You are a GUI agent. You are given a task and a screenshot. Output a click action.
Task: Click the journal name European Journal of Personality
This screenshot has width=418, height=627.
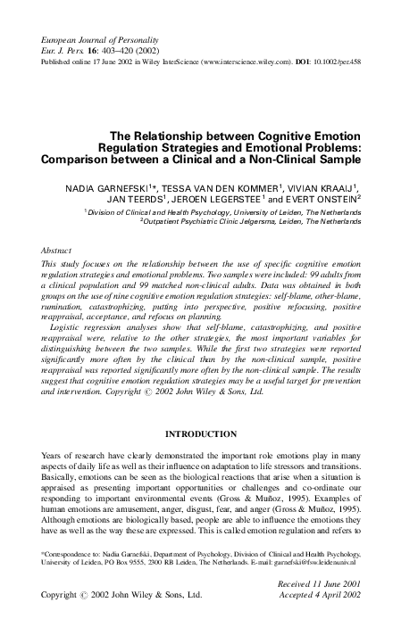pyautogui.click(x=96, y=42)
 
